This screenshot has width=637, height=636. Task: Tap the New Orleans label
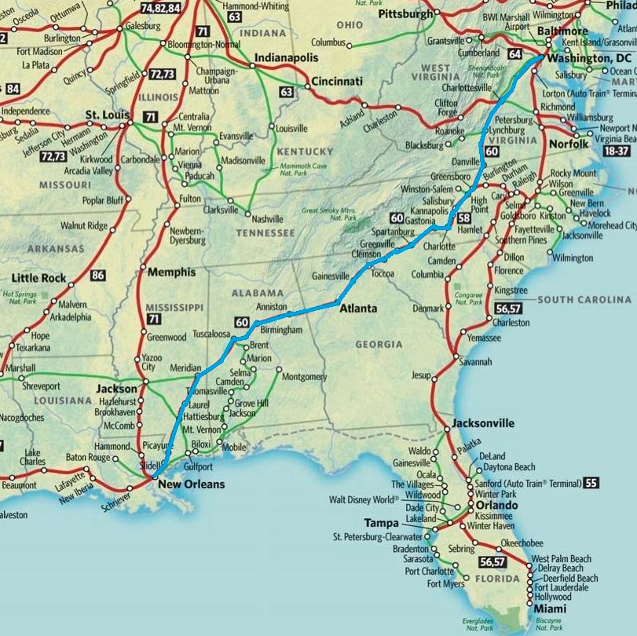(191, 484)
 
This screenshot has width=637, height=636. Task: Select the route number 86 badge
(97, 276)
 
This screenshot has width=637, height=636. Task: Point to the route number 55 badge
(591, 483)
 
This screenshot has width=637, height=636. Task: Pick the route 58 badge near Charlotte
(463, 217)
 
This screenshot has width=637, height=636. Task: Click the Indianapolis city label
(286, 58)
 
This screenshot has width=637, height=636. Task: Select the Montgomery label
(303, 377)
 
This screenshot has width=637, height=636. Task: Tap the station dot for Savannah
(455, 362)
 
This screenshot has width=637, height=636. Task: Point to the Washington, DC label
(591, 59)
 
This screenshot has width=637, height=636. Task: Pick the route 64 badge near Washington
(515, 54)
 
